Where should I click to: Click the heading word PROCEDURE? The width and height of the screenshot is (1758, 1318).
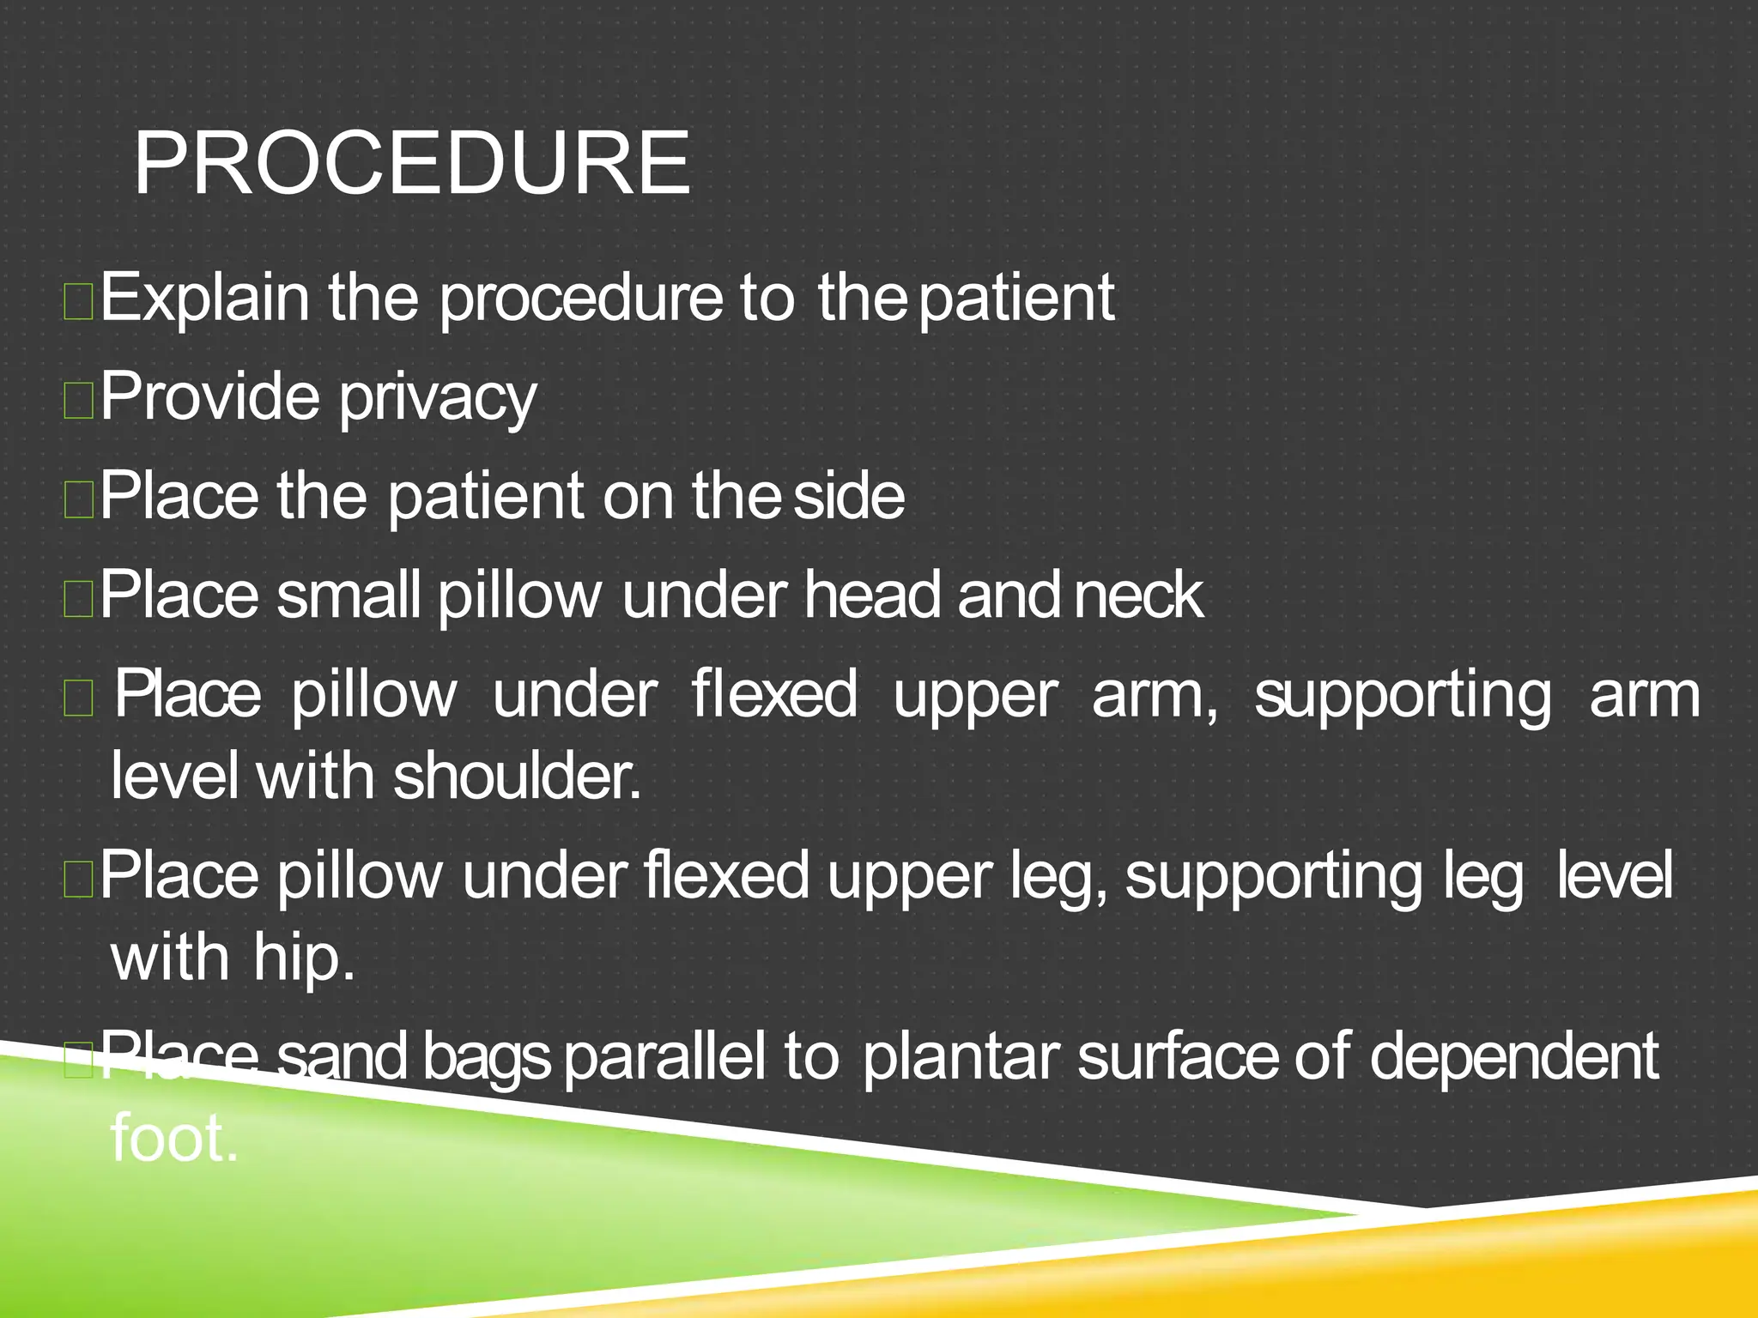tap(412, 163)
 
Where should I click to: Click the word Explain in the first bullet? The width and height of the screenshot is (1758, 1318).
tap(204, 298)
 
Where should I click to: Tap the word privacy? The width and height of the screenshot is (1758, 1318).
tap(438, 398)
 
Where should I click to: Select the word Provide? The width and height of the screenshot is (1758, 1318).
tap(210, 396)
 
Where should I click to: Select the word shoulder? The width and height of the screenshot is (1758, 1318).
tap(517, 777)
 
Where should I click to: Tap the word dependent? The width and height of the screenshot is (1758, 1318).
tap(1513, 1057)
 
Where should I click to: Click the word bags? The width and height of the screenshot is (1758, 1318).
tap(486, 1059)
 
